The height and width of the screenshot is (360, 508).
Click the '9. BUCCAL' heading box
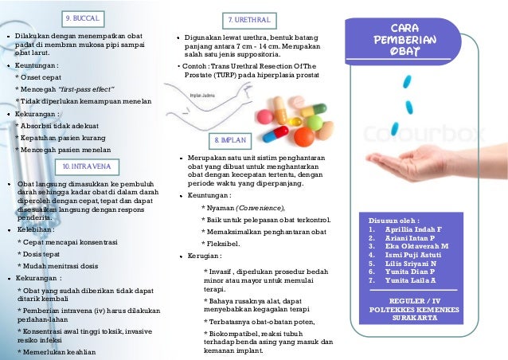point(83,16)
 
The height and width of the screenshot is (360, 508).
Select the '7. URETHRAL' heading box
point(249,18)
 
